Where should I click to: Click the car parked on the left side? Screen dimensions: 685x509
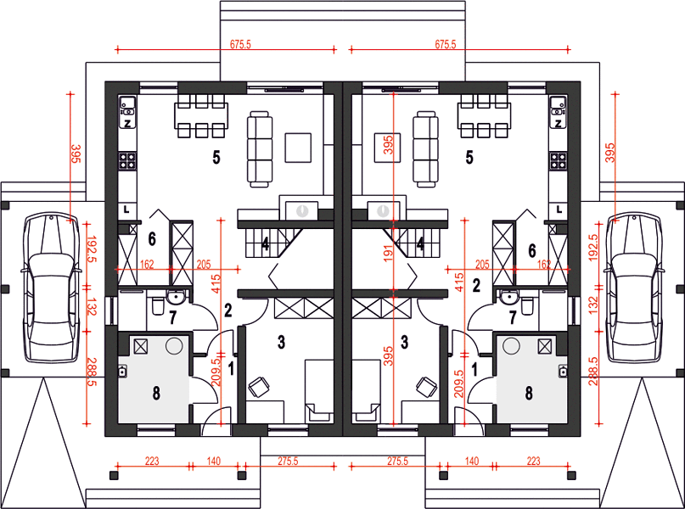pyautogui.click(x=52, y=288)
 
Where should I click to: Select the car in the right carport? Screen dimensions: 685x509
pyautogui.click(x=633, y=288)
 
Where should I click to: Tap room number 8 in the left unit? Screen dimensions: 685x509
pyautogui.click(x=156, y=393)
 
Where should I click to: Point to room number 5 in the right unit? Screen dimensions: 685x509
pyautogui.click(x=469, y=157)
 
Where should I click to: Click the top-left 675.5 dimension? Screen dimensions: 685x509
pyautogui.click(x=240, y=44)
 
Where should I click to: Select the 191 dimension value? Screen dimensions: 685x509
pyautogui.click(x=388, y=253)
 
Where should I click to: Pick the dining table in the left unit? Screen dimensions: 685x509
pyautogui.click(x=201, y=116)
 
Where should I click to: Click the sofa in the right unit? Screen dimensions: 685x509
pyautogui.click(x=425, y=149)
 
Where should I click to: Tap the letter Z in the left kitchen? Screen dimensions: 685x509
pyautogui.click(x=127, y=124)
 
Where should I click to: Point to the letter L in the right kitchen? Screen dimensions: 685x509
pyautogui.click(x=559, y=210)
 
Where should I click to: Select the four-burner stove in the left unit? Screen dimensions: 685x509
pyautogui.click(x=127, y=160)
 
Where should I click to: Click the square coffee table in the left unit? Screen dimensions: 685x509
pyautogui.click(x=299, y=148)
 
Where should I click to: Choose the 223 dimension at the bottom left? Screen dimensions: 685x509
pyautogui.click(x=152, y=461)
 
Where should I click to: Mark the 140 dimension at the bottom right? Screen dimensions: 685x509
pyautogui.click(x=472, y=461)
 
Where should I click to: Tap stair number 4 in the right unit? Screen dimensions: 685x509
pyautogui.click(x=420, y=244)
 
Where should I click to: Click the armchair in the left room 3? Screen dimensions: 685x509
pyautogui.click(x=259, y=387)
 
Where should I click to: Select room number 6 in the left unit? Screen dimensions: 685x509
pyautogui.click(x=152, y=238)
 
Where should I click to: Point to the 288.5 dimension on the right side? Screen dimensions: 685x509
pyautogui.click(x=592, y=372)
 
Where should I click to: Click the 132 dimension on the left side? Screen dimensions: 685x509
pyautogui.click(x=92, y=306)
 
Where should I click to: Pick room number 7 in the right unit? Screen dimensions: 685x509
pyautogui.click(x=513, y=318)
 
